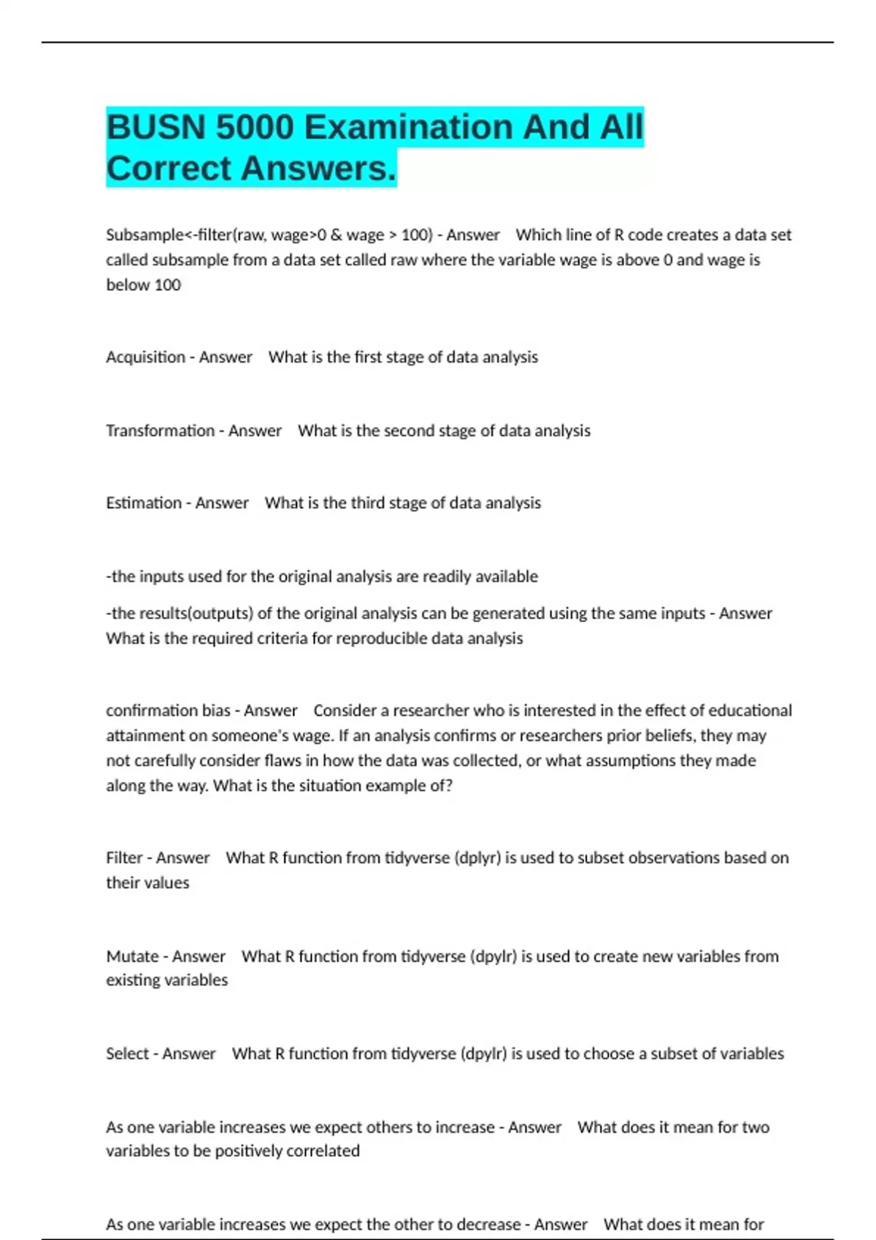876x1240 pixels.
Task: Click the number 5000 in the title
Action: pyautogui.click(x=254, y=128)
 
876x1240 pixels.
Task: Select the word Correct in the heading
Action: pyautogui.click(x=169, y=169)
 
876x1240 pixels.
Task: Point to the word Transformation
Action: pyautogui.click(x=160, y=431)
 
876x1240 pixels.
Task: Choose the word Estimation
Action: pyautogui.click(x=144, y=503)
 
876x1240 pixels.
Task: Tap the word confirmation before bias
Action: pyautogui.click(x=151, y=710)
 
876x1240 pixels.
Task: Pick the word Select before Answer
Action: pyautogui.click(x=127, y=1054)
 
